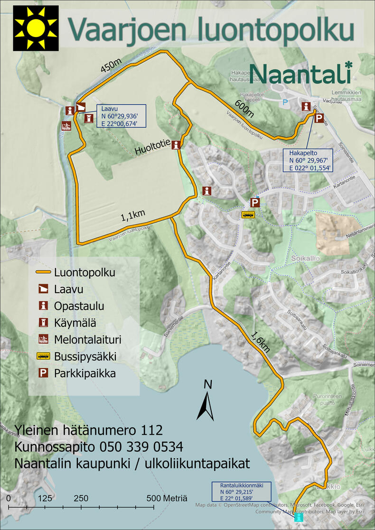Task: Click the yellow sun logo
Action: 36,28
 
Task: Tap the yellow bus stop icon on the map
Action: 248,214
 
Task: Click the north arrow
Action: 207,401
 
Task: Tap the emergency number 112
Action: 152,430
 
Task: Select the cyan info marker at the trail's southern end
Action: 298,516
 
